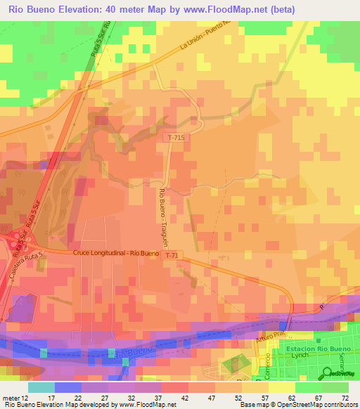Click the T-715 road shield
pos(177,137)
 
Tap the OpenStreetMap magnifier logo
pos(329,372)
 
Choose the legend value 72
pos(345,397)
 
